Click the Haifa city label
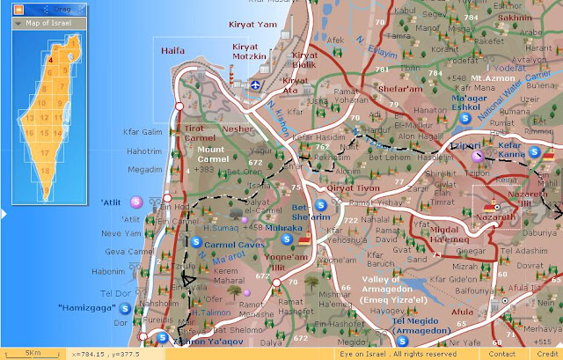coord(174,51)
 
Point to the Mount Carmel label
coord(211,155)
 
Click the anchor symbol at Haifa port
coord(254,85)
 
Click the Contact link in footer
coord(502,353)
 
